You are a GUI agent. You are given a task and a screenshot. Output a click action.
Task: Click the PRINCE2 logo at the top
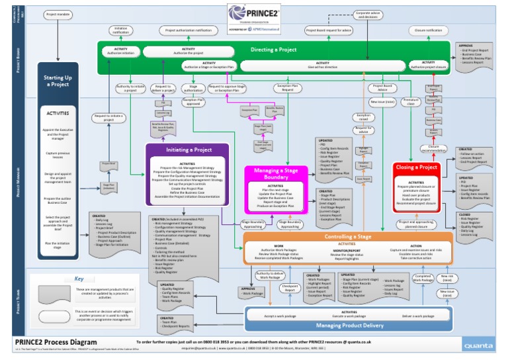pyautogui.click(x=253, y=15)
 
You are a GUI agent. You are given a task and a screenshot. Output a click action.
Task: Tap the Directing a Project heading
pyautogui.click(x=273, y=50)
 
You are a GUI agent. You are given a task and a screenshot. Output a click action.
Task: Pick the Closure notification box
pyautogui.click(x=429, y=30)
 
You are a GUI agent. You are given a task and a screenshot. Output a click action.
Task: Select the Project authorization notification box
pyautogui.click(x=189, y=30)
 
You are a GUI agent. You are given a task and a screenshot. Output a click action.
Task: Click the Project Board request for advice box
pyautogui.click(x=329, y=30)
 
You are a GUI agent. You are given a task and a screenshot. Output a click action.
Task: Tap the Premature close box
pyautogui.click(x=410, y=102)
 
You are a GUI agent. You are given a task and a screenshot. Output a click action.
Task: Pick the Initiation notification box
pyautogui.click(x=120, y=30)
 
